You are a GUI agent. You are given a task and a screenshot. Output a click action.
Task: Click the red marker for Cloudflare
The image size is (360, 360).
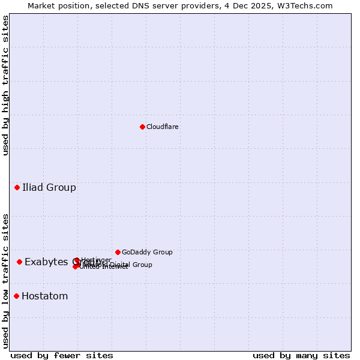[x=142, y=127]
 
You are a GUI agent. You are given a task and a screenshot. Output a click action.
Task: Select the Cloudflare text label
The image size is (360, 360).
[x=163, y=127]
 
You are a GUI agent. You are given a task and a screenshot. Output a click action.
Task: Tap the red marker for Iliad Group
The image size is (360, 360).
[x=17, y=188]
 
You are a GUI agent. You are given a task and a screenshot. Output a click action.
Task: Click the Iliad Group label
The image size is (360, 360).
[x=49, y=188]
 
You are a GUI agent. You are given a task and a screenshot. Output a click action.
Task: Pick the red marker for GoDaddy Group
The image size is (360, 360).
[x=118, y=252]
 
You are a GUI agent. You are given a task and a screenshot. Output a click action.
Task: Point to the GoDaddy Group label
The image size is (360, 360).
[x=147, y=253]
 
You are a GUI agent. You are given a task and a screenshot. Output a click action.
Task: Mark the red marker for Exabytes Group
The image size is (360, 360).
[x=20, y=262]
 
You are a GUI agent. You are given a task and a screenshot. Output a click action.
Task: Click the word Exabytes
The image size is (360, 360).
[x=47, y=262]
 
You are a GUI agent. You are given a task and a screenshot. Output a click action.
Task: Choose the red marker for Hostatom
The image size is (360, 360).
[x=17, y=296]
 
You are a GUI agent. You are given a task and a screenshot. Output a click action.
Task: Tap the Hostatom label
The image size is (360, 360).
[x=45, y=296]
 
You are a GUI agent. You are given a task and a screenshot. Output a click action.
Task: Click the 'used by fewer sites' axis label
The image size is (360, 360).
[x=62, y=356]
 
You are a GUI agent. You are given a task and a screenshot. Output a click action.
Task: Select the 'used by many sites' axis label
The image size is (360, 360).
[x=301, y=356]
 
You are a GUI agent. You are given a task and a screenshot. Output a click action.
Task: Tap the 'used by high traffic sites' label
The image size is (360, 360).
[x=5, y=85]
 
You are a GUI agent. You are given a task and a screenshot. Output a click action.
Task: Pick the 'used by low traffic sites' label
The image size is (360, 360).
[x=5, y=281]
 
